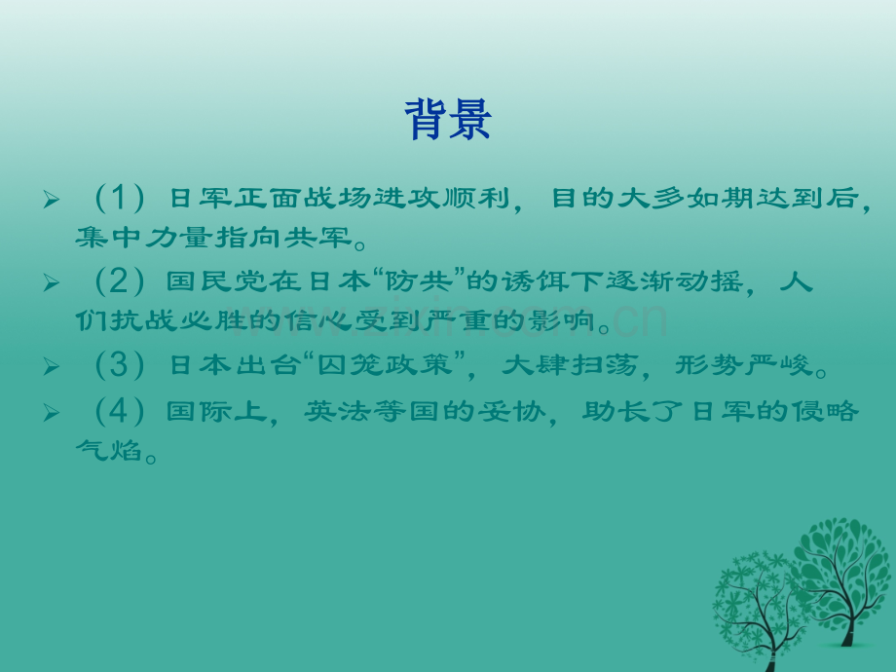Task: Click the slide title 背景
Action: [x=448, y=122]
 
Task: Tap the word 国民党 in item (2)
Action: [x=208, y=283]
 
